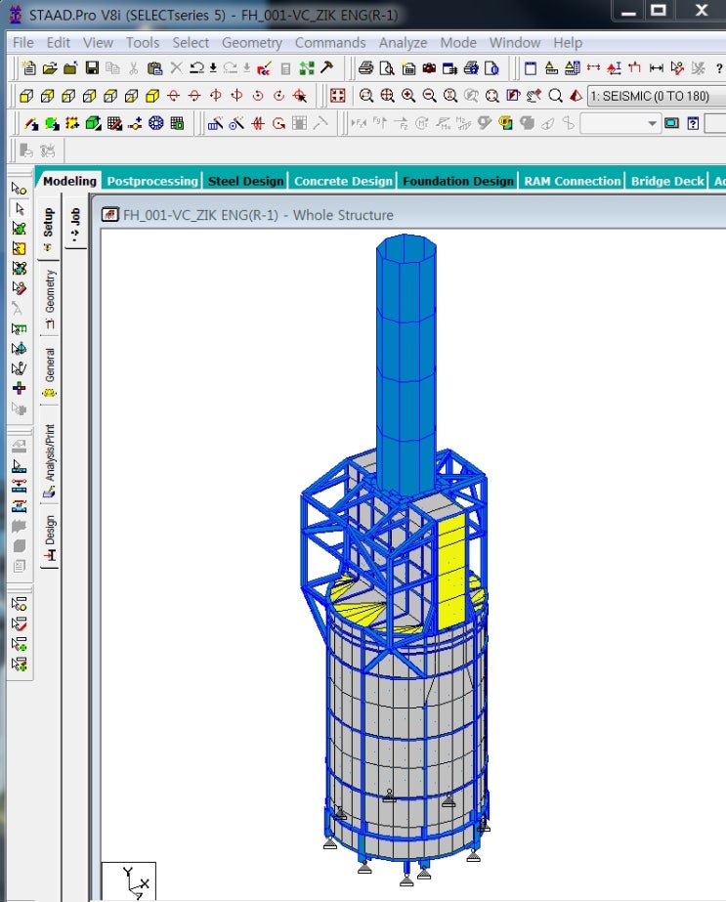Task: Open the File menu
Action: point(23,43)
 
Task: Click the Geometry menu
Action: point(252,43)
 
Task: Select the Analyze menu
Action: point(403,43)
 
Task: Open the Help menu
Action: point(568,43)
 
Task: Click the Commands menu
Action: point(330,43)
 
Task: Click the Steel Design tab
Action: point(245,181)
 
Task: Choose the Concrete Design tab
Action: point(343,181)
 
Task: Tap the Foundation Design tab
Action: point(457,181)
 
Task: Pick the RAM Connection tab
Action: point(572,181)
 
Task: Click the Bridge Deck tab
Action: point(667,181)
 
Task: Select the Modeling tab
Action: point(69,181)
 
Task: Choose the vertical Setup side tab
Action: point(49,230)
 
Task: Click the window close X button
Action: point(701,11)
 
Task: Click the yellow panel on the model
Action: point(450,572)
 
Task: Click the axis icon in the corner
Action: point(130,881)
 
